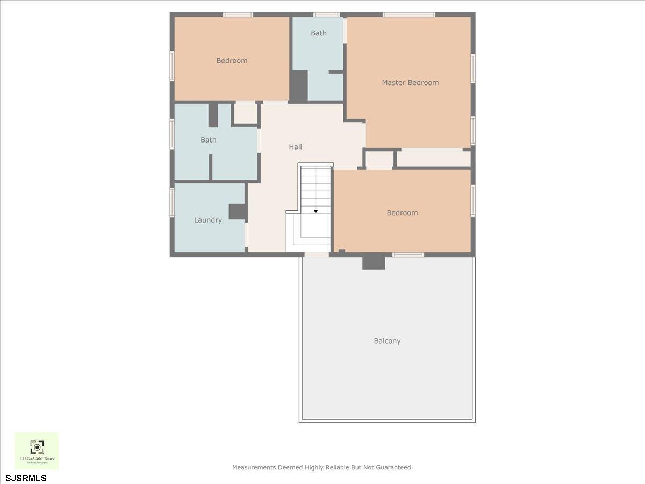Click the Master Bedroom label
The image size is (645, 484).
pyautogui.click(x=410, y=83)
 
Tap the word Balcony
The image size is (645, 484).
pyautogui.click(x=387, y=341)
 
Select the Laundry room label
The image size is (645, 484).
pyautogui.click(x=207, y=220)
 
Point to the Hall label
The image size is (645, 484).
pyautogui.click(x=295, y=147)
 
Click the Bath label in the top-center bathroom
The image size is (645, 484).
pyautogui.click(x=318, y=33)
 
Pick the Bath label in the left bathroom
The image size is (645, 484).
pyautogui.click(x=208, y=140)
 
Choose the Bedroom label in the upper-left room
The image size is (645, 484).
pyautogui.click(x=232, y=61)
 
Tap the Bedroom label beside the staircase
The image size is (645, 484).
pyautogui.click(x=402, y=213)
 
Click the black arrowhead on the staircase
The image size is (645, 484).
pyautogui.click(x=316, y=211)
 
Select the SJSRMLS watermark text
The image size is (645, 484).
pyautogui.click(x=26, y=478)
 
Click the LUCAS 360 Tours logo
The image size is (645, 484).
pyautogui.click(x=37, y=451)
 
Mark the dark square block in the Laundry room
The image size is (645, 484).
pyautogui.click(x=237, y=212)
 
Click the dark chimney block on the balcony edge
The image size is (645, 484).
pyautogui.click(x=374, y=262)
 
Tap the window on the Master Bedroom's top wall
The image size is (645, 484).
pyautogui.click(x=408, y=15)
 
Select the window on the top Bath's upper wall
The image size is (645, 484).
pyautogui.click(x=326, y=15)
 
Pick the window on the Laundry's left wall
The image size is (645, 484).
pyautogui.click(x=172, y=202)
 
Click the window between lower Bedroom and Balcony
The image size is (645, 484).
pyautogui.click(x=408, y=254)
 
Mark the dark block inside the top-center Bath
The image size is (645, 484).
pyautogui.click(x=298, y=86)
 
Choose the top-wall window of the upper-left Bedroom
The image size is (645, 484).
pyautogui.click(x=238, y=15)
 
